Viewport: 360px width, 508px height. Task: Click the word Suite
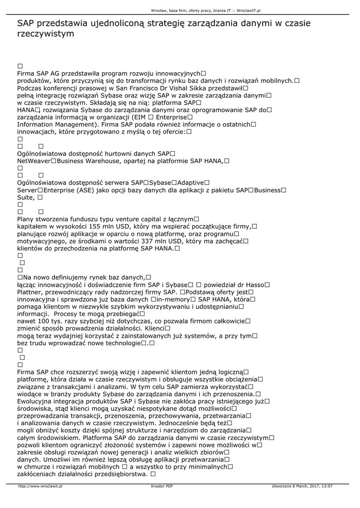(25, 197)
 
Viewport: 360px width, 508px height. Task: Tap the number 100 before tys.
(44, 321)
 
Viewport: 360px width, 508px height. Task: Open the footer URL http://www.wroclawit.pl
(40, 487)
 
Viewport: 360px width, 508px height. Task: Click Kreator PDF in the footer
(162, 487)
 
